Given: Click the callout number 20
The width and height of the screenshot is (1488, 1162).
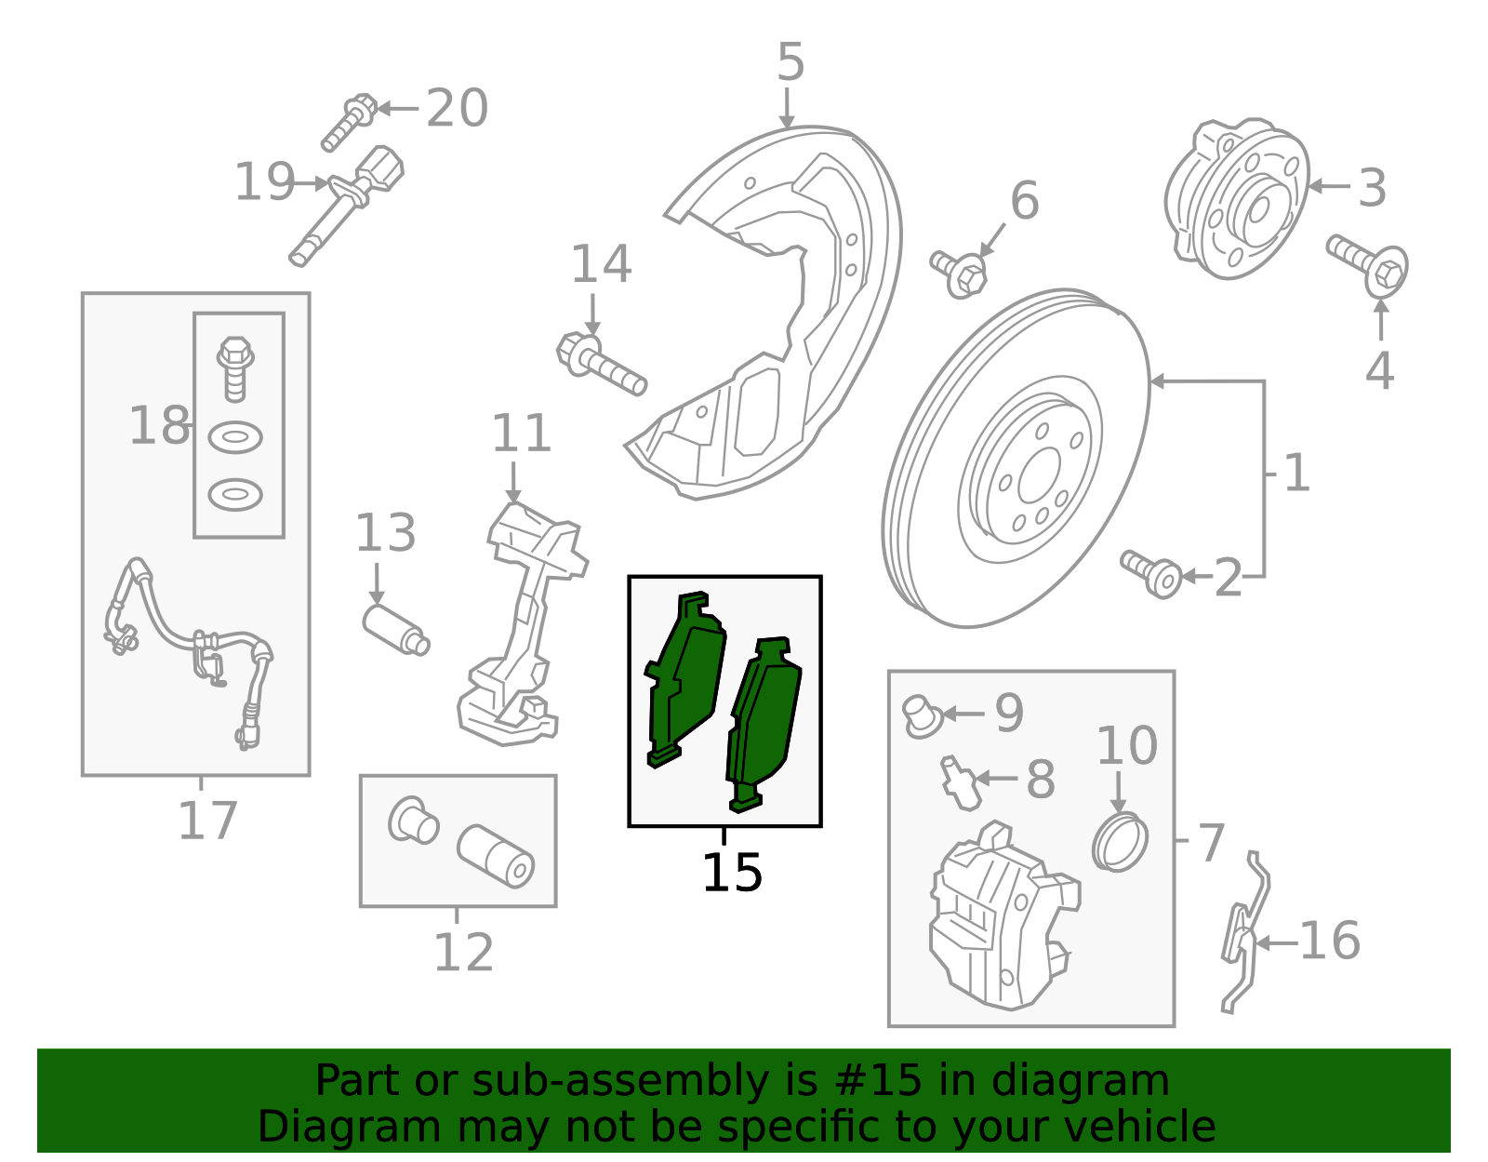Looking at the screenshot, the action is pyautogui.click(x=457, y=108).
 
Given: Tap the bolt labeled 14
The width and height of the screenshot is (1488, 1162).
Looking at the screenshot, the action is pyautogui.click(x=601, y=364).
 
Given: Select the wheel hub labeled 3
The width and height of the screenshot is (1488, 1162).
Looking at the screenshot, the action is pyautogui.click(x=1236, y=198).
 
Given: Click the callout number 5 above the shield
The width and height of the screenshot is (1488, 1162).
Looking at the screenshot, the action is pyautogui.click(x=790, y=61).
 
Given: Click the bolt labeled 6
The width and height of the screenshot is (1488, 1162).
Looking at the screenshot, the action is pyautogui.click(x=959, y=274).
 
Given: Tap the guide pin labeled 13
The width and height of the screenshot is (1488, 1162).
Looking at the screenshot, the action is pyautogui.click(x=396, y=629).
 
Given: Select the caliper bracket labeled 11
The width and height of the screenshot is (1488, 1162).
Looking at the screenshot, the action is pyautogui.click(x=522, y=624).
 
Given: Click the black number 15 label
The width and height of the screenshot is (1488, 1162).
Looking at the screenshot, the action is pyautogui.click(x=732, y=872).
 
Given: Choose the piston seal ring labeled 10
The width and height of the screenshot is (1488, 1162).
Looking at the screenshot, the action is pyautogui.click(x=1120, y=842).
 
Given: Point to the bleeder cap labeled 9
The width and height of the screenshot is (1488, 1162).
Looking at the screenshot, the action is pyautogui.click(x=922, y=716).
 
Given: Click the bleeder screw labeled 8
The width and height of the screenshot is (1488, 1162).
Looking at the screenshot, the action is pyautogui.click(x=960, y=782).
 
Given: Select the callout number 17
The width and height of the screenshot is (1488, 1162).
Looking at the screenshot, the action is pyautogui.click(x=207, y=820).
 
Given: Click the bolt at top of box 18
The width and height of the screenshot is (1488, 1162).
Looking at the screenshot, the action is pyautogui.click(x=235, y=368).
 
